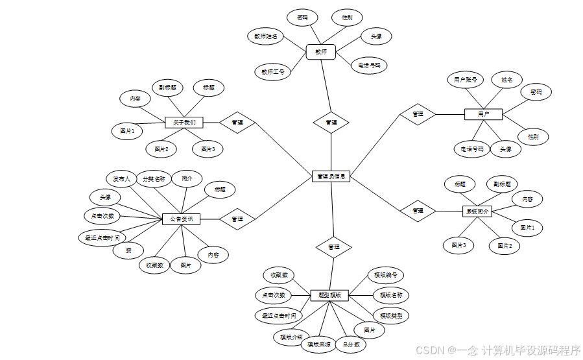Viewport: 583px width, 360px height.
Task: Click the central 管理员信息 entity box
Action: pos(331,176)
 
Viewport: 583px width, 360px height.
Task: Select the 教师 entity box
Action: pos(321,52)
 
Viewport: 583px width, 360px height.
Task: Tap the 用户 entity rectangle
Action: pos(483,114)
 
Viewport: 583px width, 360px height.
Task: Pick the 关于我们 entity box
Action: pos(184,122)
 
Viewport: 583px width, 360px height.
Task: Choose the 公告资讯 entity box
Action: pos(181,219)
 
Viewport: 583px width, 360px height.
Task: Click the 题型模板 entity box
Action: pos(329,295)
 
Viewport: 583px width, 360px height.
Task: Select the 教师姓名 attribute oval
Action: pos(266,36)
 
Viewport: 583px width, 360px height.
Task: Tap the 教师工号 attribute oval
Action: pos(272,71)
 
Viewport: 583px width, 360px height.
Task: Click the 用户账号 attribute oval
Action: pos(466,80)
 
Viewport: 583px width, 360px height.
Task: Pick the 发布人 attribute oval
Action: pos(121,179)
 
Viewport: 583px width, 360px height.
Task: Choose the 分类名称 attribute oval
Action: pos(154,179)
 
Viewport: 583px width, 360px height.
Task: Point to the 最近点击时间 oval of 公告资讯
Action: pos(102,238)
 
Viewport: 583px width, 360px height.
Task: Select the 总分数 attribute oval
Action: pos(351,344)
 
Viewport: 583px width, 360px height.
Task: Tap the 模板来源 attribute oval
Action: pos(319,344)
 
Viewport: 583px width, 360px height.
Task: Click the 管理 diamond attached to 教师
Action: pos(331,122)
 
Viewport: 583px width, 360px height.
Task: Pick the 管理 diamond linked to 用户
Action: pos(418,114)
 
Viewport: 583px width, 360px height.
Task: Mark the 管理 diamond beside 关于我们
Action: pos(237,122)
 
